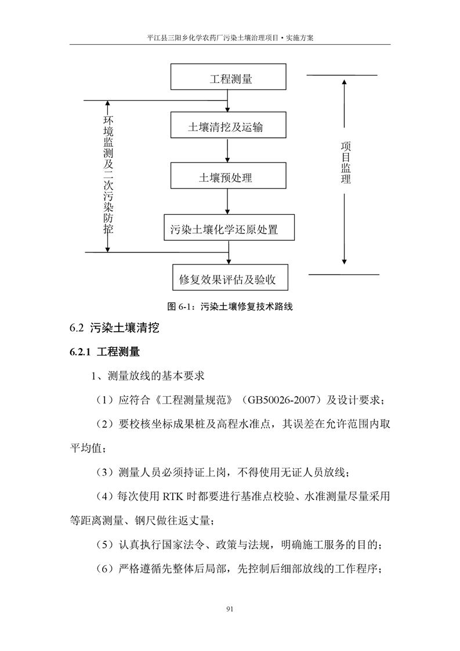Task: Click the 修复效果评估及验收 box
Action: pyautogui.click(x=230, y=280)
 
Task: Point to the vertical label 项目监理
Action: pyautogui.click(x=346, y=163)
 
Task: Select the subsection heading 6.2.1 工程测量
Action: pyautogui.click(x=104, y=352)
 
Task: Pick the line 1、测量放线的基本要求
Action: pyautogui.click(x=149, y=375)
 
